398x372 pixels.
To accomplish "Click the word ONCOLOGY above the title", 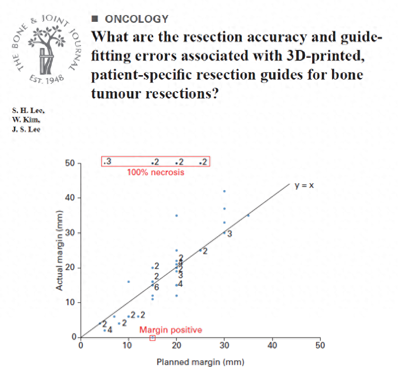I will (137, 19).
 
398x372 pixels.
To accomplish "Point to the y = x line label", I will (305, 185).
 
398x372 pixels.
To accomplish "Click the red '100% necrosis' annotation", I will (156, 172).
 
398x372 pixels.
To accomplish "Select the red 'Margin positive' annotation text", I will (171, 330).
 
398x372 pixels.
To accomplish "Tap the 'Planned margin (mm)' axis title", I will (200, 362).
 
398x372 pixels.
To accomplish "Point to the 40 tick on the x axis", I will (272, 345).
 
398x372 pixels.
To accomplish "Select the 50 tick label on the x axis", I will (319, 345).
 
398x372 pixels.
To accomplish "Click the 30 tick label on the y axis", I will (71, 233).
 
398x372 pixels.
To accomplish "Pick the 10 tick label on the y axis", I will (71, 303).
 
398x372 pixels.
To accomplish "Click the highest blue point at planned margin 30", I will (224, 191).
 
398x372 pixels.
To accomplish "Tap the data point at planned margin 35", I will (249, 215).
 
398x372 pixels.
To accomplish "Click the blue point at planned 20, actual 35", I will (176, 215).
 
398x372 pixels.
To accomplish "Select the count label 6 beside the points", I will (157, 287).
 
